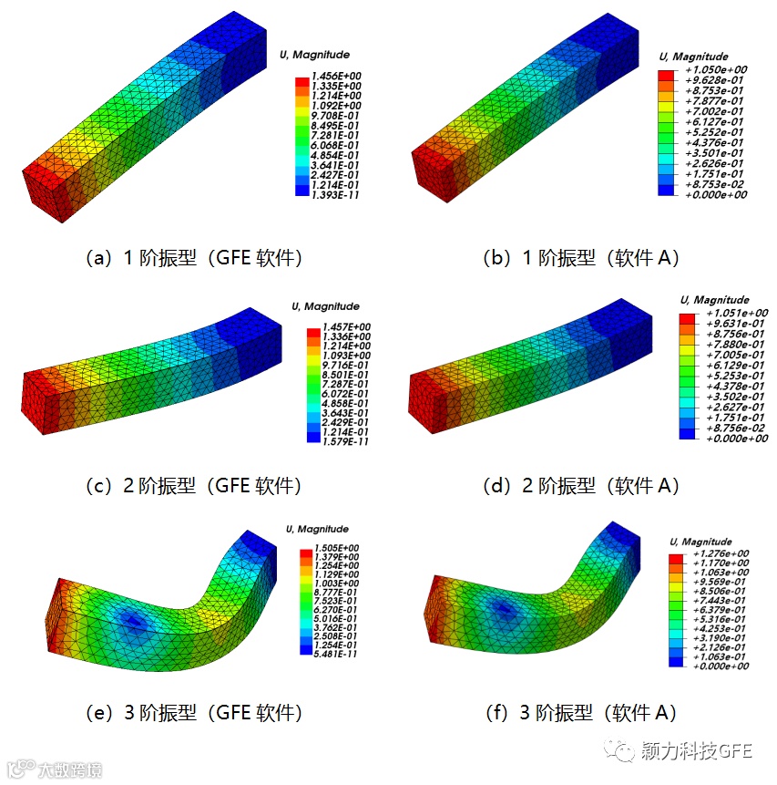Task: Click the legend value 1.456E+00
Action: (x=336, y=76)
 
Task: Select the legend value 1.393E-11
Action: (x=335, y=195)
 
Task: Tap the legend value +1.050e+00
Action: (x=716, y=69)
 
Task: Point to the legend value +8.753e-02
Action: (x=714, y=184)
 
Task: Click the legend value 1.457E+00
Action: (x=346, y=327)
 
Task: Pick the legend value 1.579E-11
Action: (x=345, y=441)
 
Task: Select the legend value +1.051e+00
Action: (x=737, y=313)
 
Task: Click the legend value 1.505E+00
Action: (x=336, y=548)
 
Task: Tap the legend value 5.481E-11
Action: (x=335, y=654)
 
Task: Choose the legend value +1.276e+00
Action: (x=721, y=553)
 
